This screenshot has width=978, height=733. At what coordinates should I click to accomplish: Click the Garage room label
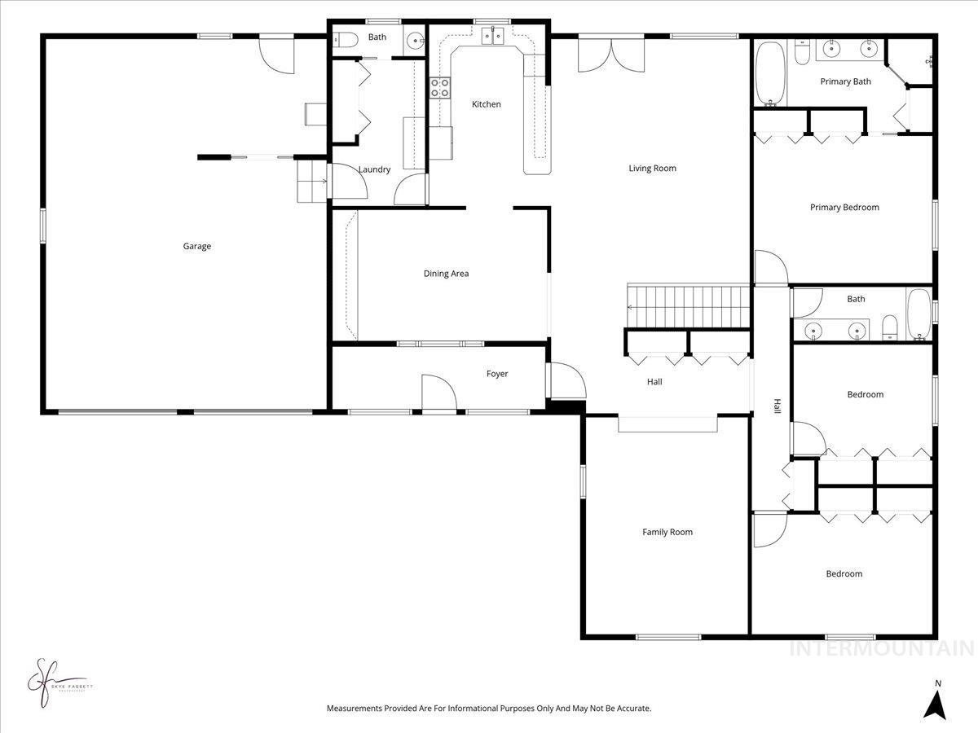(x=196, y=246)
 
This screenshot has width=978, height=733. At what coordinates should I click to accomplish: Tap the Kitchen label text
(x=487, y=104)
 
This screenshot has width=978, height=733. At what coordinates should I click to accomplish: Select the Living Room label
(x=652, y=169)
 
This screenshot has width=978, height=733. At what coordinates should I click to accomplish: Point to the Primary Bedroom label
(x=844, y=207)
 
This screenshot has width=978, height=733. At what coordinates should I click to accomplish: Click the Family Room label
(x=667, y=532)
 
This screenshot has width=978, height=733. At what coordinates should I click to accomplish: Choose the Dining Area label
(x=446, y=274)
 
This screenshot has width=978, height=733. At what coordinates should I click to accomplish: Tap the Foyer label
(x=497, y=374)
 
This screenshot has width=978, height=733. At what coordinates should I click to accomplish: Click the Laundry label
(x=374, y=169)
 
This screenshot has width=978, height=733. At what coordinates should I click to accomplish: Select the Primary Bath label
(x=845, y=81)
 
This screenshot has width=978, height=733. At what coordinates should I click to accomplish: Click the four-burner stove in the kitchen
(x=440, y=88)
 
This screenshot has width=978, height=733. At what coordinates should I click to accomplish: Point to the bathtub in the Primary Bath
(x=769, y=75)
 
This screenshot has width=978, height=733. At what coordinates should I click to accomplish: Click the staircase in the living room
(x=689, y=305)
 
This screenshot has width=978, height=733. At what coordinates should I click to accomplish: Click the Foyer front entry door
(x=438, y=393)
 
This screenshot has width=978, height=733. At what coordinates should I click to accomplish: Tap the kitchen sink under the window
(x=493, y=35)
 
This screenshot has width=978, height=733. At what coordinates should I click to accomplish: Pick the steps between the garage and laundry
(x=310, y=181)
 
